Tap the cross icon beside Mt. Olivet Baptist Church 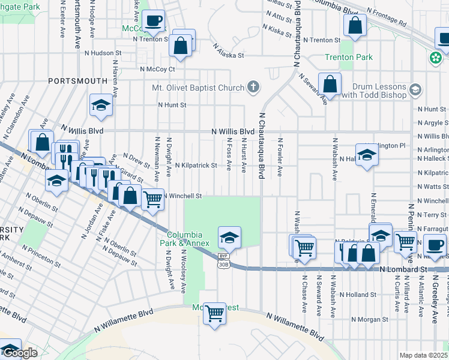pos(253,88)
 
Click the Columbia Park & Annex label pos(188,239)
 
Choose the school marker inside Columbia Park pos(229,238)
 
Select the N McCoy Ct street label pos(157,69)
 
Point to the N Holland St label pos(357,295)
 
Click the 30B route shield pos(224,264)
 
